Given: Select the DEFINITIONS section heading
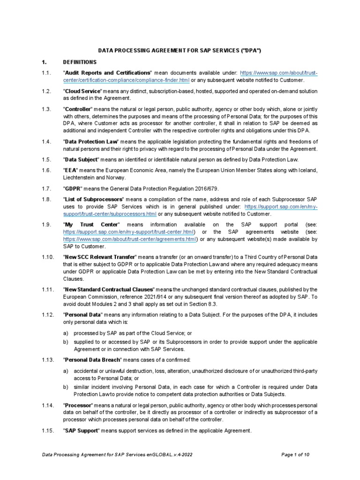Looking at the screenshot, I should tap(80, 62).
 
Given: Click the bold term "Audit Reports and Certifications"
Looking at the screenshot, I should tap(107, 74).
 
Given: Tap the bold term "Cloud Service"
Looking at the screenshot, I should tap(82, 91).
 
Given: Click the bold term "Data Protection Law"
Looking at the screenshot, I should tap(91, 142).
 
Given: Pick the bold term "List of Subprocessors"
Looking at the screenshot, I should tap(94, 199).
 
